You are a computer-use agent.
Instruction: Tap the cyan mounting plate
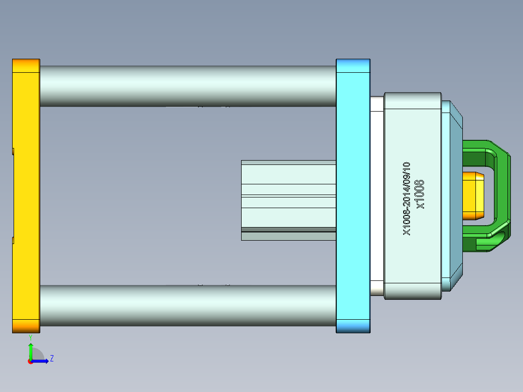click(x=353, y=194)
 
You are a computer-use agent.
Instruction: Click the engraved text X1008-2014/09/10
click(x=407, y=199)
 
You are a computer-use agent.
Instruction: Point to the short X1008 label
click(x=420, y=194)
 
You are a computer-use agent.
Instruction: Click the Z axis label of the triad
click(x=52, y=359)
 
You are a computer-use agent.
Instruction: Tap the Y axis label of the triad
click(x=31, y=337)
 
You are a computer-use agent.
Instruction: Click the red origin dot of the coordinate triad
click(x=30, y=361)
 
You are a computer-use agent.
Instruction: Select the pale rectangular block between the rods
click(x=288, y=194)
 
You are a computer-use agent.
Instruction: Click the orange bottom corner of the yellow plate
click(x=26, y=326)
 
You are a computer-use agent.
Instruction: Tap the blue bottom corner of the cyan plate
click(x=353, y=326)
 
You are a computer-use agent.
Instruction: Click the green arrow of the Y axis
click(x=31, y=350)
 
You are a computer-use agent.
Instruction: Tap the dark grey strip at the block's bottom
click(x=288, y=229)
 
